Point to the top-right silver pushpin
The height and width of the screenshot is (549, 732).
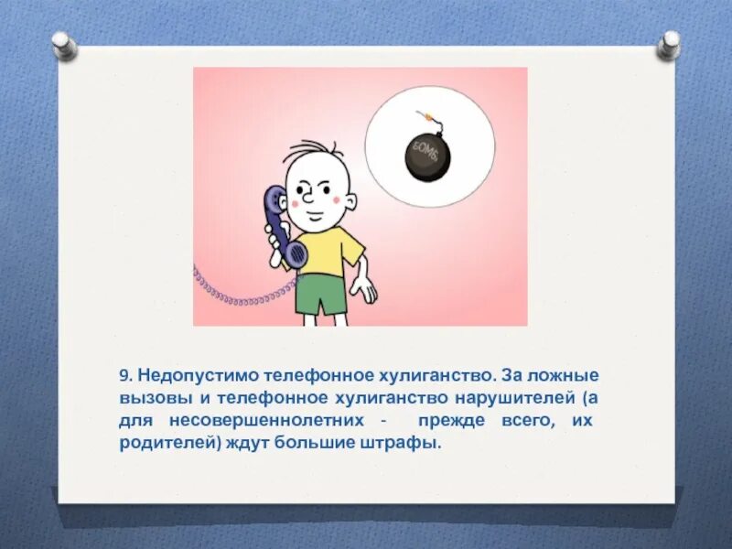[668, 43]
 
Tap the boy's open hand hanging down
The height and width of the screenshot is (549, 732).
[366, 289]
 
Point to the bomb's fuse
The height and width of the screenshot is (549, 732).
[423, 118]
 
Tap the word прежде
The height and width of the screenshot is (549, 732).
[445, 422]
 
